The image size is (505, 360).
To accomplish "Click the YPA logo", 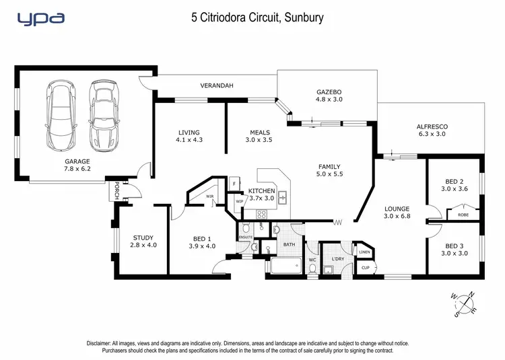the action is pos(40,19).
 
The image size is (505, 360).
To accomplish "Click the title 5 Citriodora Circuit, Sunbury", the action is pos(257,17).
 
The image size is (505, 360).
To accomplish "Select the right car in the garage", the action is pos(102,115).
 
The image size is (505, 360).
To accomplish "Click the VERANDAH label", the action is pos(216,86).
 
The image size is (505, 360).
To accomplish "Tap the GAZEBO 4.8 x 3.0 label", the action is pos(329,95).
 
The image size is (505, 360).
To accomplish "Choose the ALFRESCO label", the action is pos(432,130).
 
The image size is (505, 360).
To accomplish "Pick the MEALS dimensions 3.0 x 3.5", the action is pos(260,141).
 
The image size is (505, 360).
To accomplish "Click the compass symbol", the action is pos(464,303).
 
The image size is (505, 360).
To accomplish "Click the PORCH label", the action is pos(116,189).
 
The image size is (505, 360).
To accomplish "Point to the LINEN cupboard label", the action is pos(364,252).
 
